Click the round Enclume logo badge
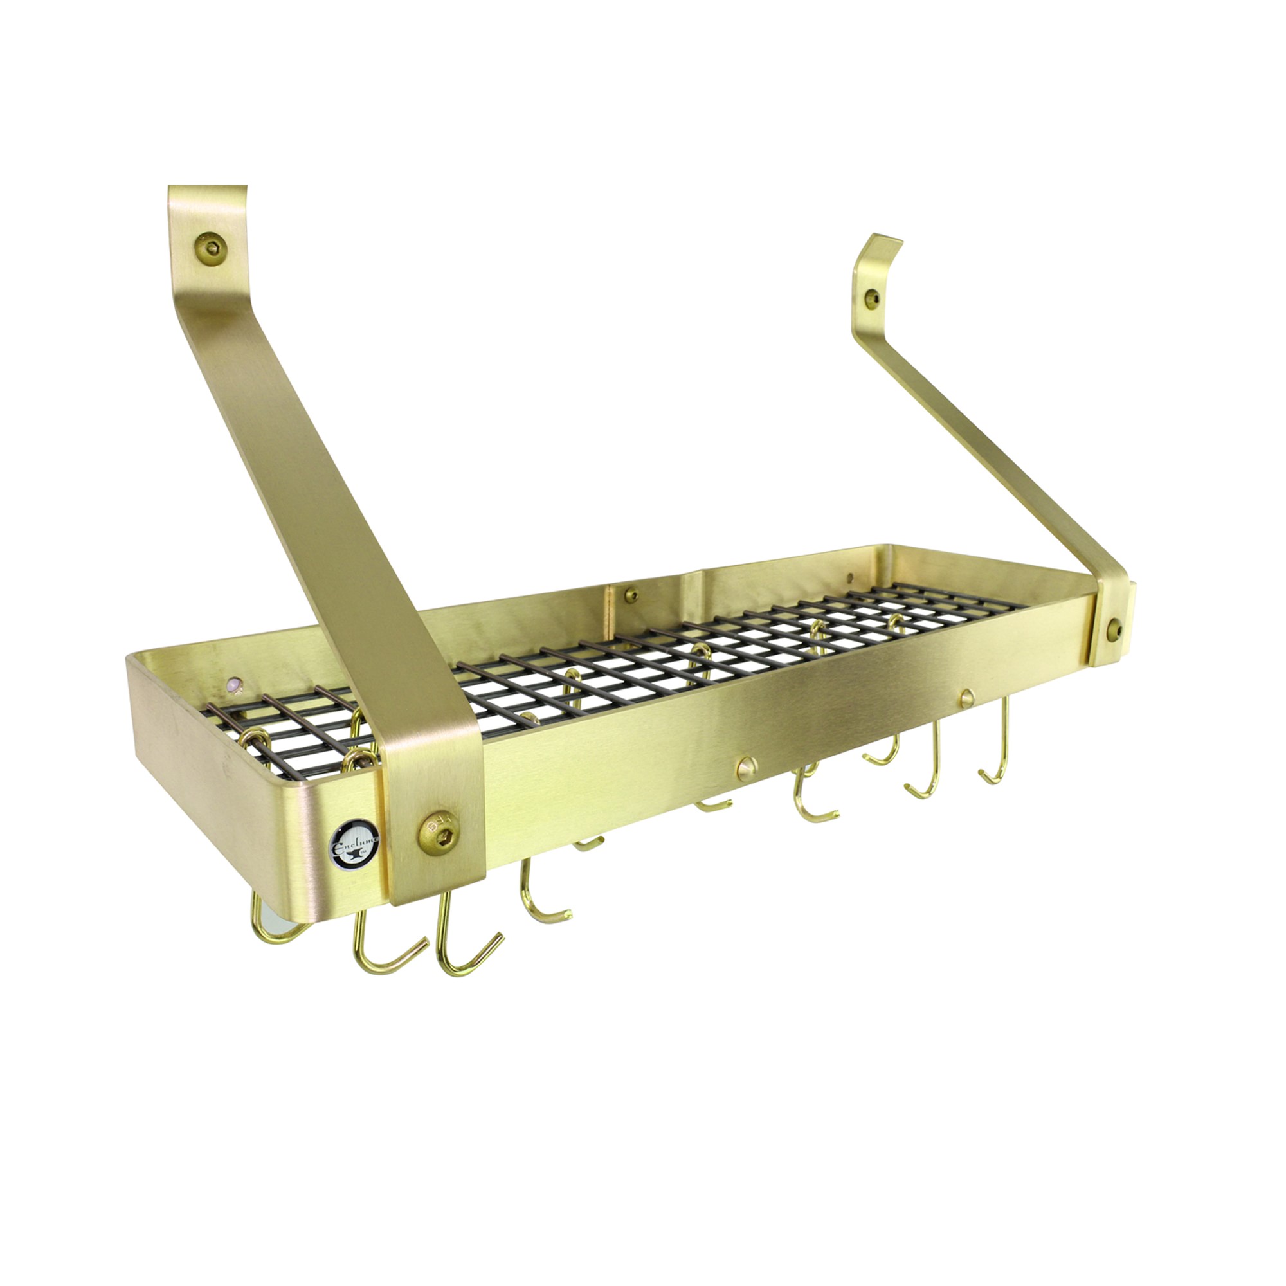[x=354, y=844]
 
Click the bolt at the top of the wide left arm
[x=211, y=249]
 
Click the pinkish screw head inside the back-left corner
[x=233, y=684]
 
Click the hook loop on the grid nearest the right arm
[x=895, y=622]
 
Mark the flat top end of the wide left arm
[x=207, y=188]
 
